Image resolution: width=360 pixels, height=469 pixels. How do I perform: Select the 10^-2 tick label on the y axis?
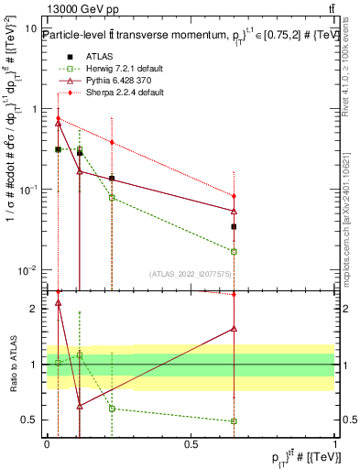(x=27, y=270)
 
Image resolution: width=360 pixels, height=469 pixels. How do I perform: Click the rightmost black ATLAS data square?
(x=235, y=226)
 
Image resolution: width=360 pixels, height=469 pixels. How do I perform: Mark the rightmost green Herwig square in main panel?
(x=235, y=251)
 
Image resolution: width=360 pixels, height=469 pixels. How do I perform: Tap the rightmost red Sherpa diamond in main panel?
(x=235, y=196)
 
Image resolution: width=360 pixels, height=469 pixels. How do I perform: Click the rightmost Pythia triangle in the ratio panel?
(x=235, y=328)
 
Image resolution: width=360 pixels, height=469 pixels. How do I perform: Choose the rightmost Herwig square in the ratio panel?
(x=235, y=421)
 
